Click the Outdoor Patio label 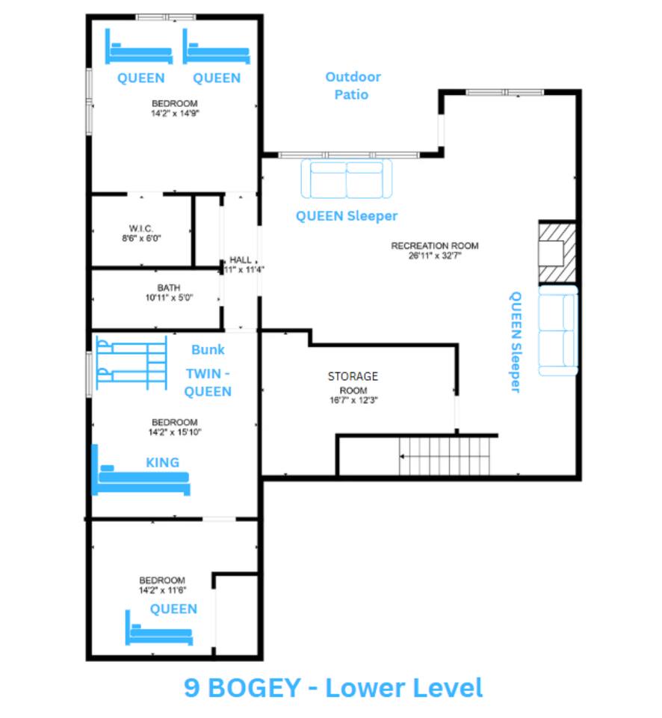353,85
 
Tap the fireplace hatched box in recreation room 557,252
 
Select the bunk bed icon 132,363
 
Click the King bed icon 141,470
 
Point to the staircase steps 445,456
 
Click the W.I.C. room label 141,233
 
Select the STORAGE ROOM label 353,387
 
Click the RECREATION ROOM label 435,251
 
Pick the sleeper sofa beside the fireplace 557,331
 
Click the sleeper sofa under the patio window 347,179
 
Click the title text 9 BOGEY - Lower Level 333,688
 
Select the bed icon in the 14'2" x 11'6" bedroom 158,628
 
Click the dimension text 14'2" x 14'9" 175,113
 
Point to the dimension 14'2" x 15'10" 175,432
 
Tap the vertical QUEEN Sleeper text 516,342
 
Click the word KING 162,462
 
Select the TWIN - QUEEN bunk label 208,383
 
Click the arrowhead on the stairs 402,456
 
